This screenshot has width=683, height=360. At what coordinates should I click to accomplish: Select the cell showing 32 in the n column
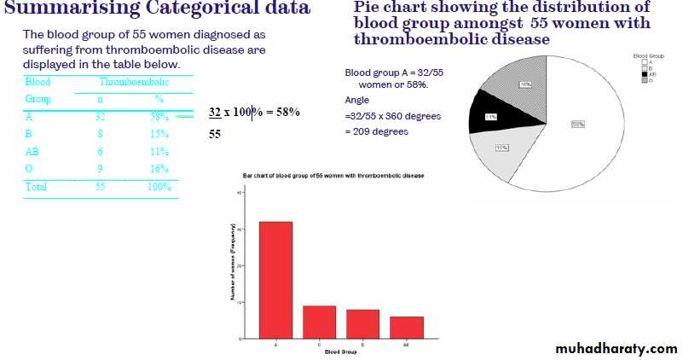[x=101, y=117]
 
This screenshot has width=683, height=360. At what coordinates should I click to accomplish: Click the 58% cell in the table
[x=159, y=117]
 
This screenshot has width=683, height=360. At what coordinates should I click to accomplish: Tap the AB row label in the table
[x=33, y=151]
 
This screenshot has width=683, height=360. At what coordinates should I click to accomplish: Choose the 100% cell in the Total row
[x=159, y=186]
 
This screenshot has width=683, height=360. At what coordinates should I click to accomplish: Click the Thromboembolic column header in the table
[x=134, y=82]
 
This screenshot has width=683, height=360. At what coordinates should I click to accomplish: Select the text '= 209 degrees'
[x=377, y=131]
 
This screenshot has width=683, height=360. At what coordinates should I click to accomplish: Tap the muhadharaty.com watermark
[x=616, y=348]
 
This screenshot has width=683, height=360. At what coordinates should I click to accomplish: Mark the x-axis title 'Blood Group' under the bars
[x=340, y=351]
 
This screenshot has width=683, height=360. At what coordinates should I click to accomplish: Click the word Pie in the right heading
[x=368, y=8]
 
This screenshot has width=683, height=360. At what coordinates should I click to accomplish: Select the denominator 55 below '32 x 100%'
[x=217, y=135]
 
